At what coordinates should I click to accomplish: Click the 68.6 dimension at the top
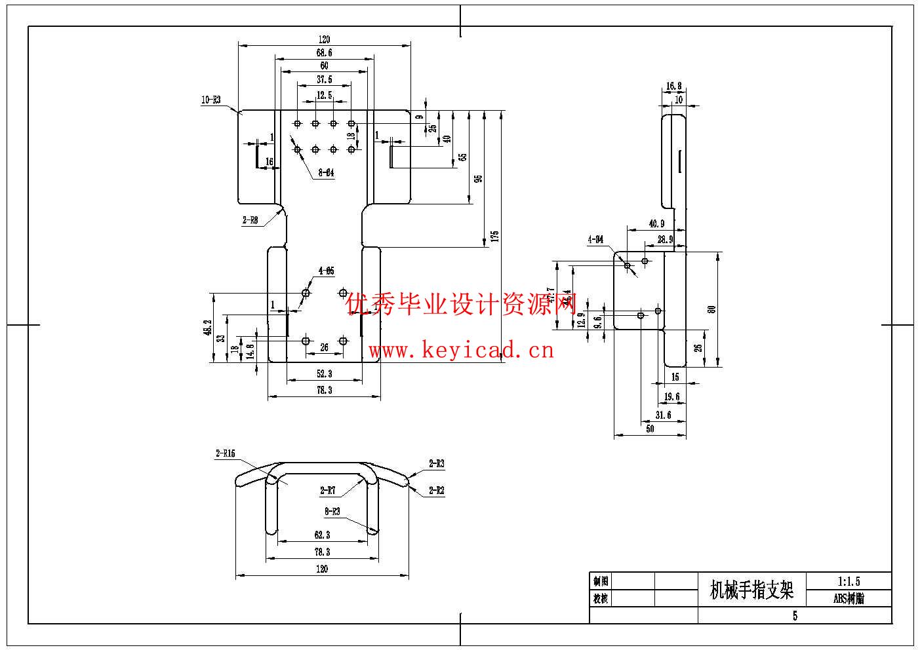[324, 52]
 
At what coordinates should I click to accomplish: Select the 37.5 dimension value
[324, 79]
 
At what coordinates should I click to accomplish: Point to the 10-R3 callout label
[210, 100]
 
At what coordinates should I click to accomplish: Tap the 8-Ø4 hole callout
[326, 174]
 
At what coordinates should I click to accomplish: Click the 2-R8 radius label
[250, 221]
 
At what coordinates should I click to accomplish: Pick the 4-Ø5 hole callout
[326, 271]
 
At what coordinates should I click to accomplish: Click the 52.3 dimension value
[324, 373]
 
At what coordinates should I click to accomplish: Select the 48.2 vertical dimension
[208, 328]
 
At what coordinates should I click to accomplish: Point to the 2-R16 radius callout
[225, 453]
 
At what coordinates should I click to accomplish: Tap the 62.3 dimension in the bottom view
[321, 535]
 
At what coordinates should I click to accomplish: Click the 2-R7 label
[327, 490]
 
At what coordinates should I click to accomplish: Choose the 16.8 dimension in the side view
[673, 86]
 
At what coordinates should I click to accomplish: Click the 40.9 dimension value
[656, 223]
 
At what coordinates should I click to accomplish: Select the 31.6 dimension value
[663, 415]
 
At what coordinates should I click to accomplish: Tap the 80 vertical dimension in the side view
[712, 309]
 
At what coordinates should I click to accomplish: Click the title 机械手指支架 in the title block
[751, 590]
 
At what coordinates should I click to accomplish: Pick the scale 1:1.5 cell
[849, 581]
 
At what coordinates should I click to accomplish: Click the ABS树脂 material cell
[849, 598]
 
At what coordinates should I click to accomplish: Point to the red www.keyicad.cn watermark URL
[461, 351]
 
